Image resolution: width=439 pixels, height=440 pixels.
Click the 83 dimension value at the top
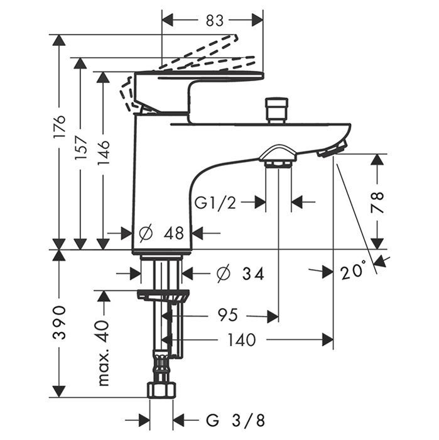(x=214, y=20)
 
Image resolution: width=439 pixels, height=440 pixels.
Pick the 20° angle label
(x=353, y=272)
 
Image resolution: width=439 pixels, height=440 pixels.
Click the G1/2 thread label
(x=215, y=203)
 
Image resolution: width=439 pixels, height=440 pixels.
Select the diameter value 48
(x=173, y=233)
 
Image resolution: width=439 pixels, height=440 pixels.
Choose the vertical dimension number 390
(x=58, y=322)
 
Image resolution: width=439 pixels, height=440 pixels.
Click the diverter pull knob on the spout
(x=276, y=109)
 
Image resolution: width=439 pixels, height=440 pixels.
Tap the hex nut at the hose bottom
(x=161, y=390)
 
